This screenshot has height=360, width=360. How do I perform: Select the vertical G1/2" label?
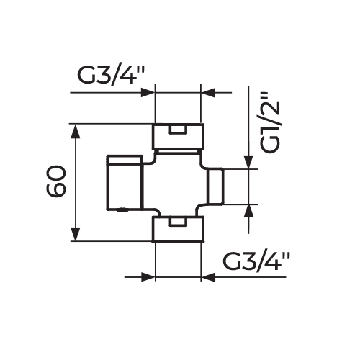pos(271,122)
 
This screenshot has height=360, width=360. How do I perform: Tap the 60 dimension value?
pos(55,181)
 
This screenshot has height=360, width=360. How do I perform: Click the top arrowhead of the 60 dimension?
pos(76,131)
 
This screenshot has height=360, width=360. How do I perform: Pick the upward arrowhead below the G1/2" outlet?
pos(248,211)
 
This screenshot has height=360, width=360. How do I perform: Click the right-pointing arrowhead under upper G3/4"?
pos(147,92)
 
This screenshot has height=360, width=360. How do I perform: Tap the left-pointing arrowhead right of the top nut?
pos(208,92)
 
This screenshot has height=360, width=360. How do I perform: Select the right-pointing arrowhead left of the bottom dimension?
pos(147,277)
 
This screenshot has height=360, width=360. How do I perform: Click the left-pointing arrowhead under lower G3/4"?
pos(208,277)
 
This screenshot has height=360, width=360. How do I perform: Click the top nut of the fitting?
pos(178,136)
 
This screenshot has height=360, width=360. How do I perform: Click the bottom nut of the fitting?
pos(178,229)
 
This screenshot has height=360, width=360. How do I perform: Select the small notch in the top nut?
pos(178,130)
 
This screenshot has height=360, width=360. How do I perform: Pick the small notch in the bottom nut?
pos(178,222)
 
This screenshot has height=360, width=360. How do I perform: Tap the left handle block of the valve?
pos(125,183)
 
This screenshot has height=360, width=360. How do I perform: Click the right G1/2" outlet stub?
pos(215,186)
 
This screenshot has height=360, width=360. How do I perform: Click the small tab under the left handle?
pos(122,210)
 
